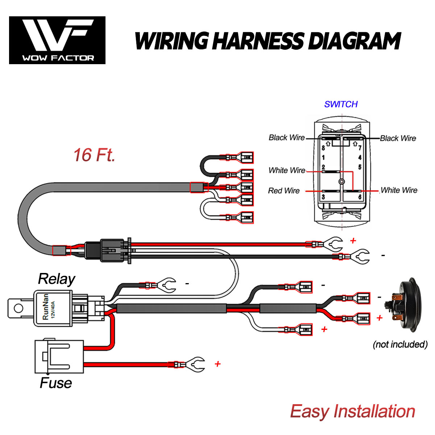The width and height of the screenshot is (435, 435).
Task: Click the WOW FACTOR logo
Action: point(57,40)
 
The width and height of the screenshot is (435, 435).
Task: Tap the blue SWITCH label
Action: point(341,104)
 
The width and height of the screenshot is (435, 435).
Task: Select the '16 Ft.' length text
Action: point(94,155)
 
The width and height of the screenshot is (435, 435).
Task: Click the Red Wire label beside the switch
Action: point(284,191)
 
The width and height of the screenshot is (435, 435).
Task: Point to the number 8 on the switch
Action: point(323,148)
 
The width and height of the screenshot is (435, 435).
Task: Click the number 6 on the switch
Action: point(360,197)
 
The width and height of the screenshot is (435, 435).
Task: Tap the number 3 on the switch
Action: point(323,197)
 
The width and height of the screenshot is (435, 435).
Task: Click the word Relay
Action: point(57,279)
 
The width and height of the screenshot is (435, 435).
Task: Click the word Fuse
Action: point(55,383)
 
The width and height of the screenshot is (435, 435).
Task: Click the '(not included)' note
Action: point(400,344)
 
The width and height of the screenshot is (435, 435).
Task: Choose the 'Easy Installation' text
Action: point(352,411)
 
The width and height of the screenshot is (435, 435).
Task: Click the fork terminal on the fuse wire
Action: point(194,364)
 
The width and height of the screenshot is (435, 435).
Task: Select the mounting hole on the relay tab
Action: point(18,308)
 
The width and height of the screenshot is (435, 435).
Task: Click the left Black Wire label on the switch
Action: point(286,137)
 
